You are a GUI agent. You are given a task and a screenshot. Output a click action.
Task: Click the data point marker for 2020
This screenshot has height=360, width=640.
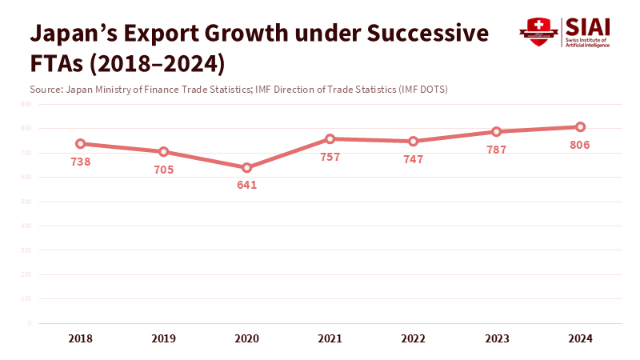[x=247, y=168]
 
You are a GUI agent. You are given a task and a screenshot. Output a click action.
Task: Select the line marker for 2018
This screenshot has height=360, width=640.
[x=80, y=144]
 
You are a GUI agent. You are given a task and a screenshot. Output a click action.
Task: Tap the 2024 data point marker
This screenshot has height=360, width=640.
[x=580, y=127]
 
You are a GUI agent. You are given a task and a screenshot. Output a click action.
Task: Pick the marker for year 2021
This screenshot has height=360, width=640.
[x=330, y=139]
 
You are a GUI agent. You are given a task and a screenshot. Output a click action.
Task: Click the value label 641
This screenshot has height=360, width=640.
[x=247, y=185]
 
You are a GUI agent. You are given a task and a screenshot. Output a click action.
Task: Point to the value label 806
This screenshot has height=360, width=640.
[x=580, y=145]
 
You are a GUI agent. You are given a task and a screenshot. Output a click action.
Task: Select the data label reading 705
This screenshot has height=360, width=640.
[x=163, y=170]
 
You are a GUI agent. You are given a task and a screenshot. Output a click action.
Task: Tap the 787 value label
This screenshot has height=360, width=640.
[x=497, y=150]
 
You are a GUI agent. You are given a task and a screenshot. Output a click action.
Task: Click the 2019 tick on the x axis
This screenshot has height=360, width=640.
[x=163, y=338]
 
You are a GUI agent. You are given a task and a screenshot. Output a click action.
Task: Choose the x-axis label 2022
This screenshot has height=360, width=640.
[x=413, y=338]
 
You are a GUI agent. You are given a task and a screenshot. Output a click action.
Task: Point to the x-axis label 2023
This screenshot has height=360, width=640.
[x=497, y=338]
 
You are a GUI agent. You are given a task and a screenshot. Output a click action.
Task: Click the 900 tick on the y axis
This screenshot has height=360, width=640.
[x=26, y=104]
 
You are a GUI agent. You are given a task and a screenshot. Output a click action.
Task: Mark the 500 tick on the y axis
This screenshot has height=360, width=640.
[x=26, y=202]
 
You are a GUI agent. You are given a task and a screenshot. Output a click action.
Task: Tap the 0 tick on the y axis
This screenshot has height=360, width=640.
[x=29, y=323]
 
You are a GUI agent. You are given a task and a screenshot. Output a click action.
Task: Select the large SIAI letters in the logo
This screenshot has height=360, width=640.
[x=586, y=26]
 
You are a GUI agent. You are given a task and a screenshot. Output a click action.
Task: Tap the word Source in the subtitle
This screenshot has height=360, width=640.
[x=45, y=89]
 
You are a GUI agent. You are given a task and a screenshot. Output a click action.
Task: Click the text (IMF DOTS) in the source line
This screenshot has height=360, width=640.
[x=422, y=89]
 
